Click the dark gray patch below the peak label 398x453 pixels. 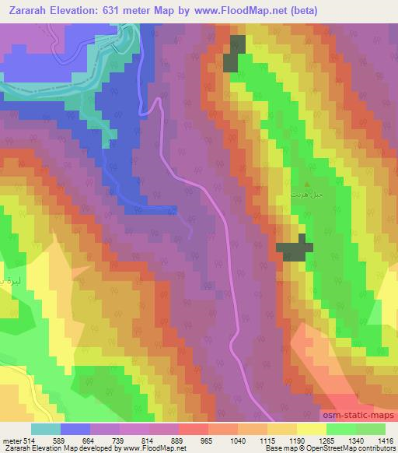[x=295, y=248]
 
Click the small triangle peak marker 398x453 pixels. [x=305, y=184]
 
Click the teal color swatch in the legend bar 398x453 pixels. [x=46, y=429]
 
